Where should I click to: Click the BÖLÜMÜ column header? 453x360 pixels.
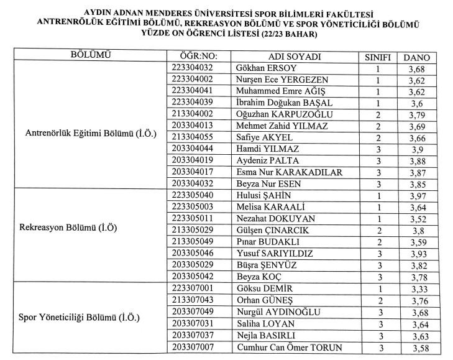tap(91, 55)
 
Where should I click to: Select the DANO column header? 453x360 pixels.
tap(417, 57)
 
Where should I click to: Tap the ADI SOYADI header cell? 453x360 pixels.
tap(295, 57)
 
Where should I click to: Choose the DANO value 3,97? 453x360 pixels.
tap(417, 195)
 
